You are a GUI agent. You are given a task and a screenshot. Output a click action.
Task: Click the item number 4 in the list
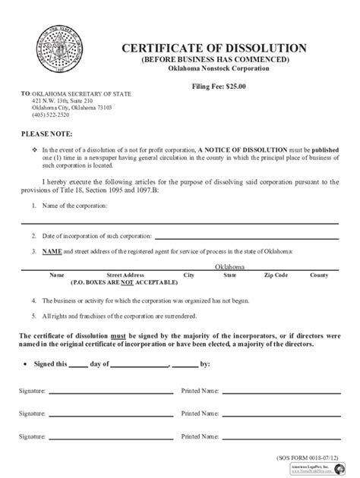coord(34,300)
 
